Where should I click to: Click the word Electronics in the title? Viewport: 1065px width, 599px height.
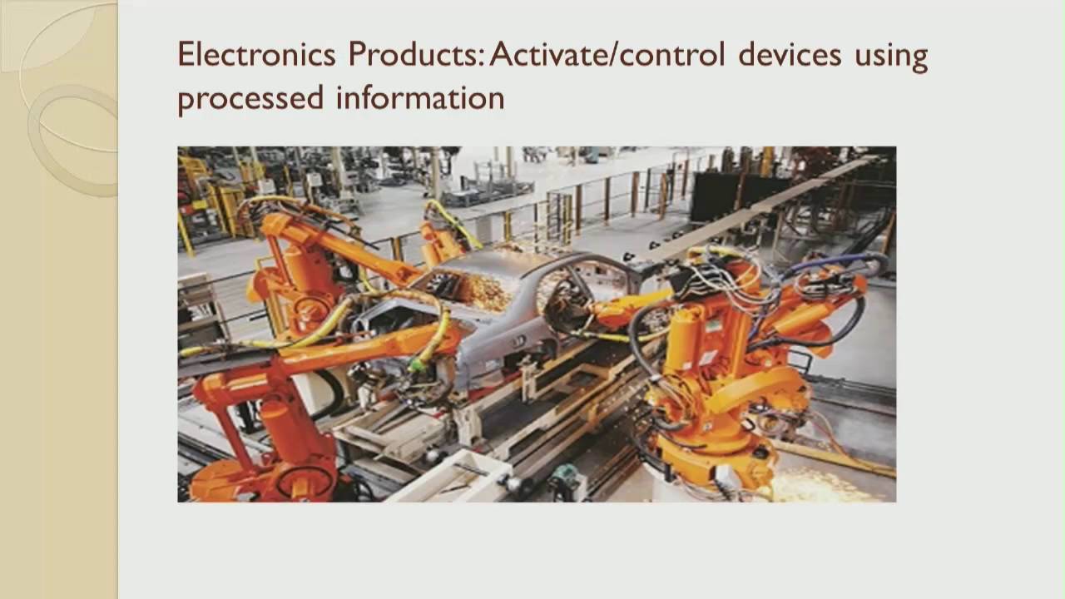(256, 56)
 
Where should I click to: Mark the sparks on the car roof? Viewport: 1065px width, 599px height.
(483, 287)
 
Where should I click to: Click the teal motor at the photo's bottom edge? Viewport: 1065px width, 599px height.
(566, 479)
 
